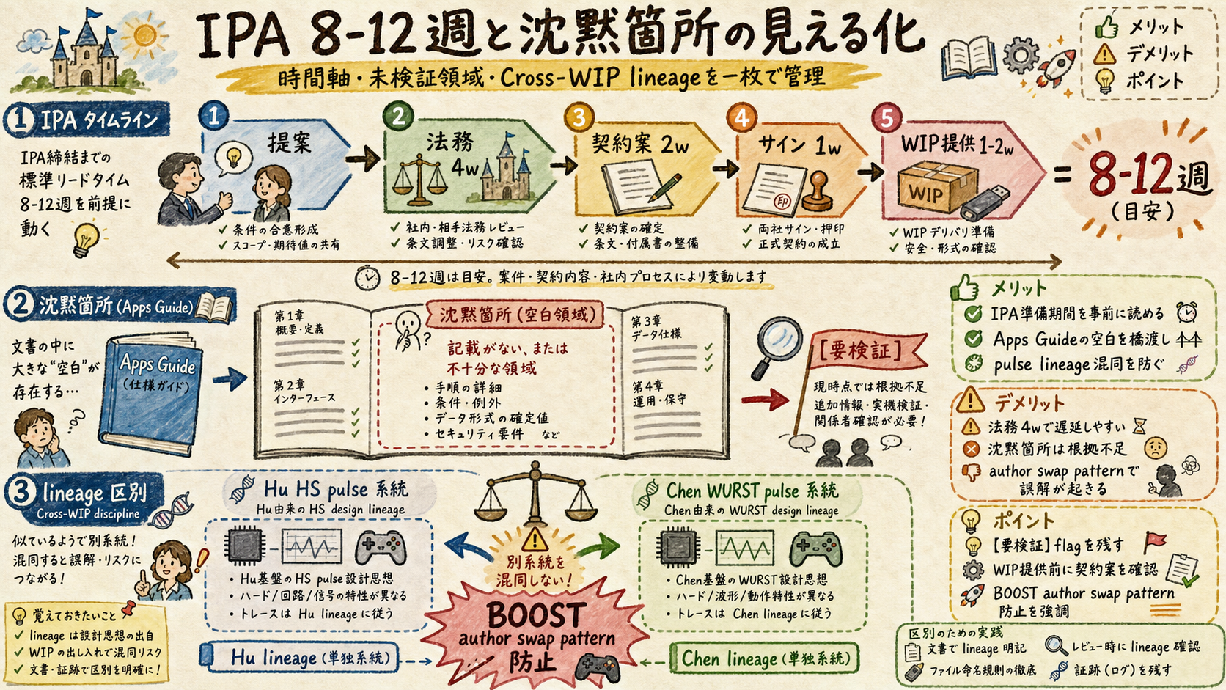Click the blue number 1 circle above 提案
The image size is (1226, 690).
[213, 115]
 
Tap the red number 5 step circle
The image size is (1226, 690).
[886, 118]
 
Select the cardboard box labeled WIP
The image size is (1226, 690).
[938, 188]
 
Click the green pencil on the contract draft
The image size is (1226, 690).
[664, 188]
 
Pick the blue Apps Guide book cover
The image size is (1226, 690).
[151, 393]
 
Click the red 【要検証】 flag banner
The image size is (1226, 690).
[868, 350]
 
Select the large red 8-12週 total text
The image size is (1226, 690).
[1148, 175]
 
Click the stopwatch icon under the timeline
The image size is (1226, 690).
[367, 277]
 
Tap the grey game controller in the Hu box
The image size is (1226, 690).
[381, 547]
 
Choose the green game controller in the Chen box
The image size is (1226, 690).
[815, 548]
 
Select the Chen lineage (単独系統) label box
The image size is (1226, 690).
[764, 658]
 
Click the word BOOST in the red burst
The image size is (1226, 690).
[535, 615]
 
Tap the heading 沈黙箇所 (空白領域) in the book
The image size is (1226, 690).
[517, 315]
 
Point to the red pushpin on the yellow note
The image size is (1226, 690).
[129, 607]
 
